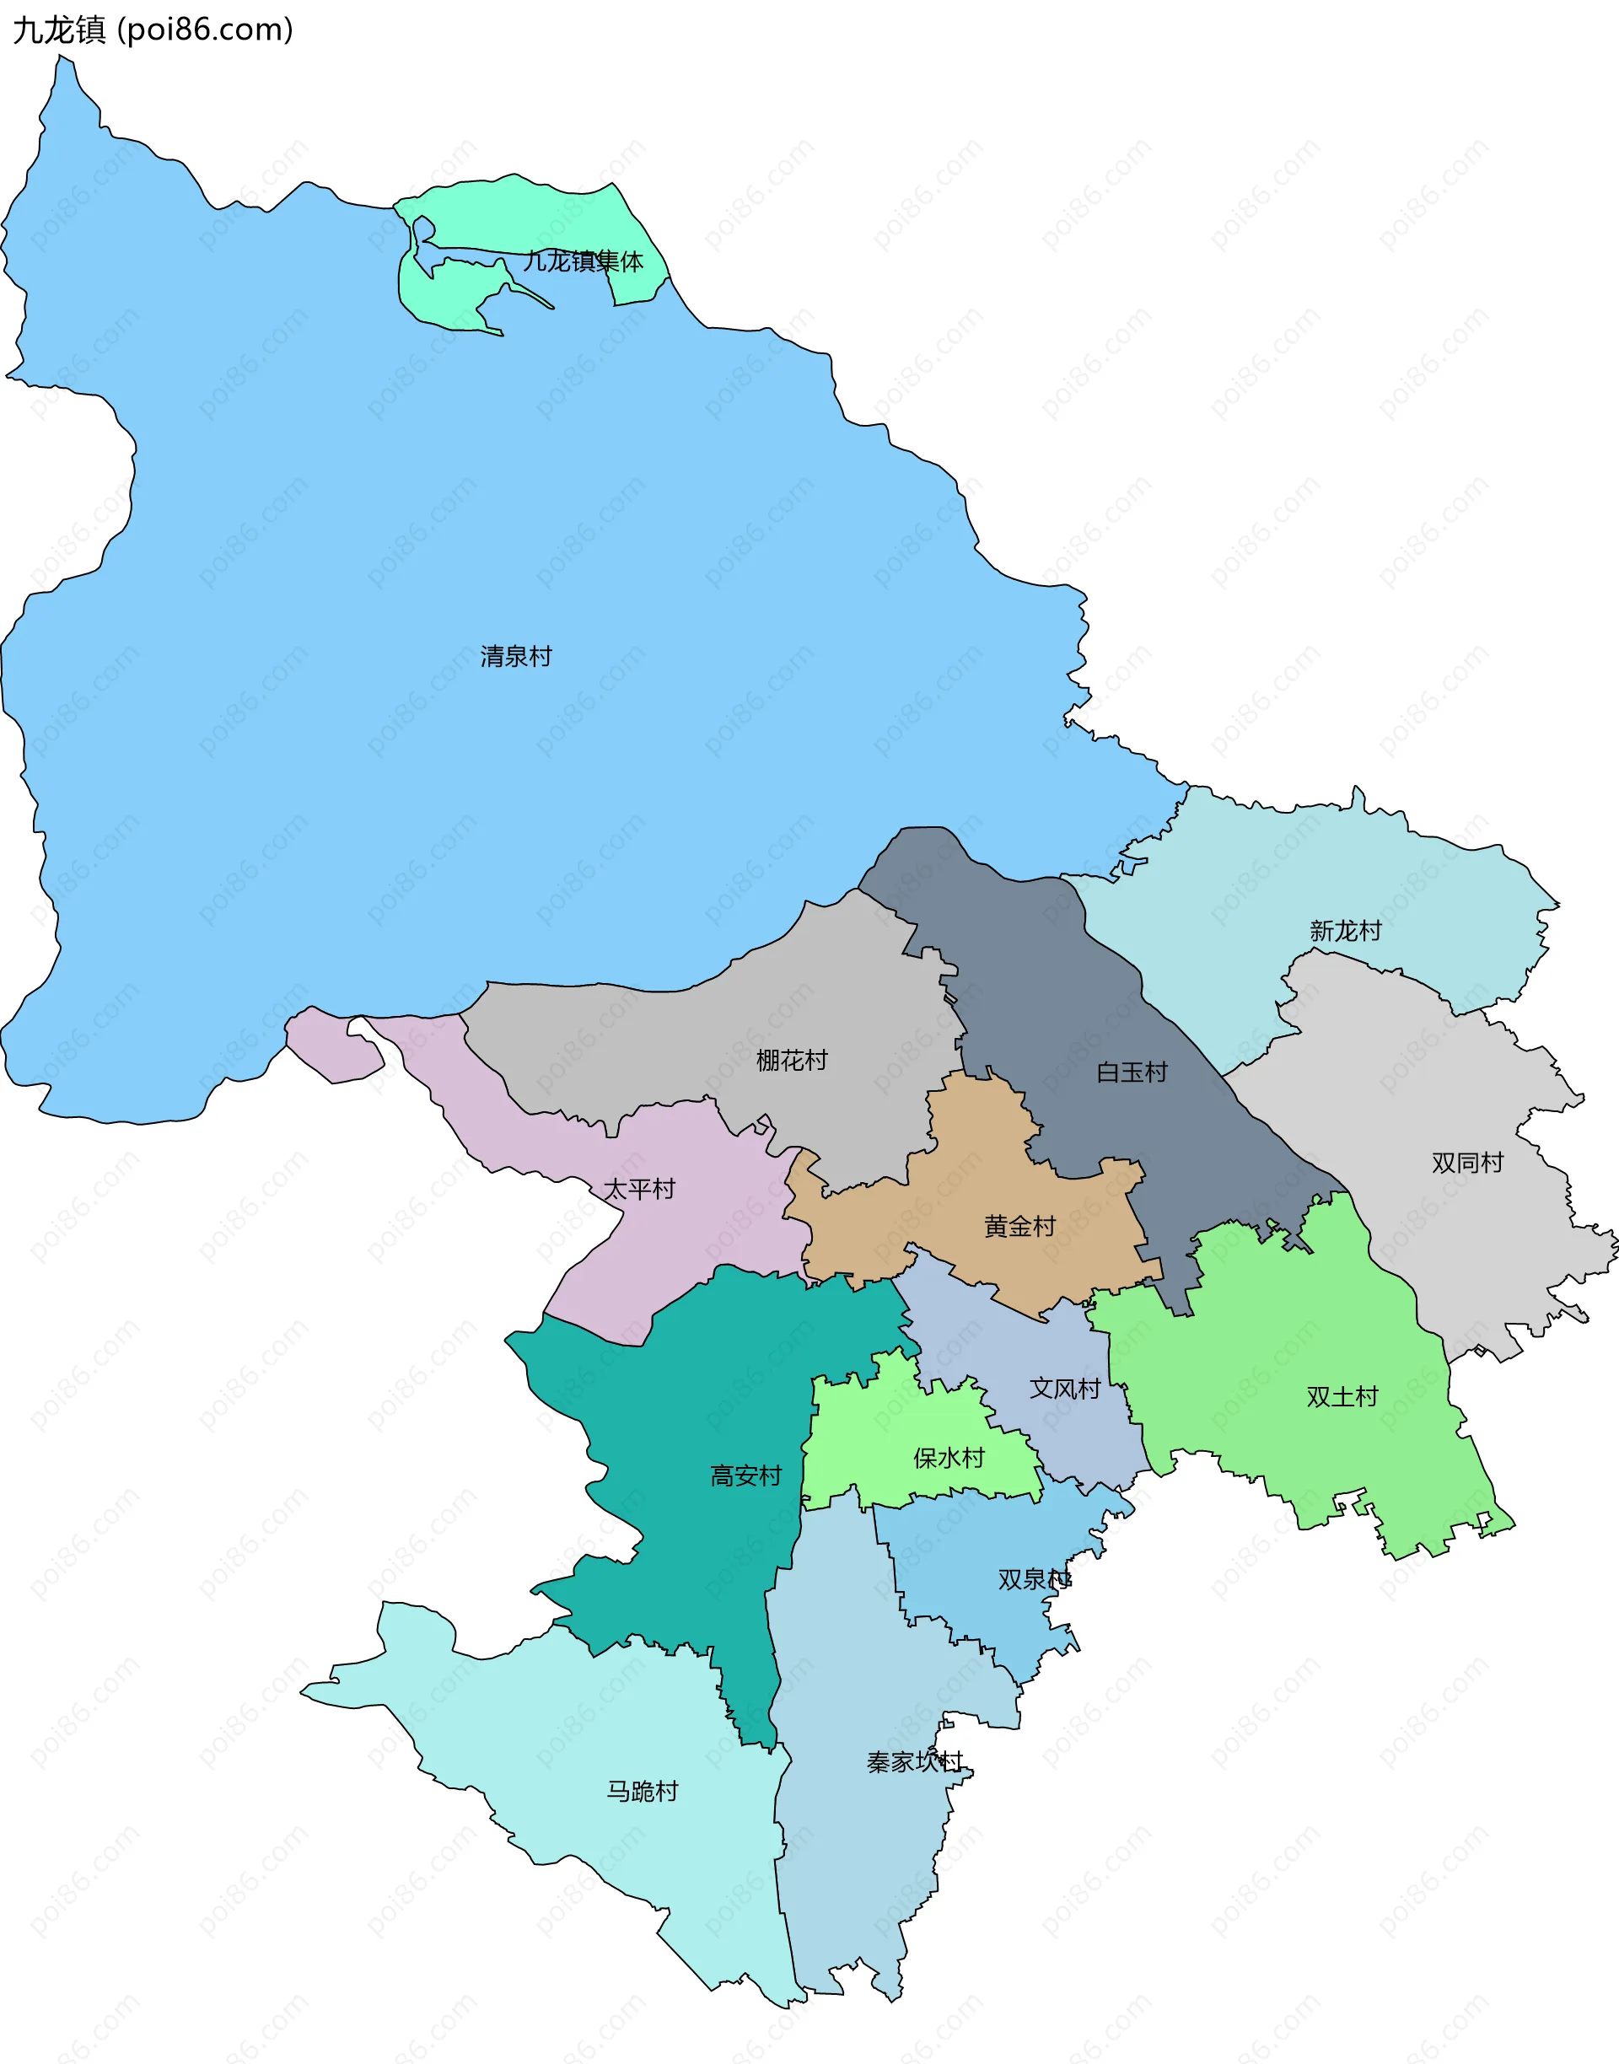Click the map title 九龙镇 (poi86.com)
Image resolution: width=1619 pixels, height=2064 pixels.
pyautogui.click(x=153, y=30)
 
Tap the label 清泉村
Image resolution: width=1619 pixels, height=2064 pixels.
pyautogui.click(x=516, y=656)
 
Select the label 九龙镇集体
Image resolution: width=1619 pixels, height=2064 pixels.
pyautogui.click(x=583, y=261)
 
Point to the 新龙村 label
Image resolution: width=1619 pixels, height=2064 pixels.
pyautogui.click(x=1345, y=931)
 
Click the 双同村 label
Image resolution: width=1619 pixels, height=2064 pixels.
pyautogui.click(x=1467, y=1163)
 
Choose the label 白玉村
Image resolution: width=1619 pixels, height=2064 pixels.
pyautogui.click(x=1132, y=1072)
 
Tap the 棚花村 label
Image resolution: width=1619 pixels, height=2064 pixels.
pyautogui.click(x=792, y=1060)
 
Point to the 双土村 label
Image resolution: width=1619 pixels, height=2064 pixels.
pyautogui.click(x=1342, y=1397)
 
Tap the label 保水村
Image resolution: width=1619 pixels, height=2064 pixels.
pyautogui.click(x=949, y=1458)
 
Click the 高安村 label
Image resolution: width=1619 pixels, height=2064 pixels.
pyautogui.click(x=746, y=1475)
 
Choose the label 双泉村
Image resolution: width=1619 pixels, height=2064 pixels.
pyautogui.click(x=1034, y=1579)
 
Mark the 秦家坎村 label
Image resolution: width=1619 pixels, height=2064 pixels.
pyautogui.click(x=915, y=1761)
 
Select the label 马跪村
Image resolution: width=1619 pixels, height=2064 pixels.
pyautogui.click(x=643, y=1791)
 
